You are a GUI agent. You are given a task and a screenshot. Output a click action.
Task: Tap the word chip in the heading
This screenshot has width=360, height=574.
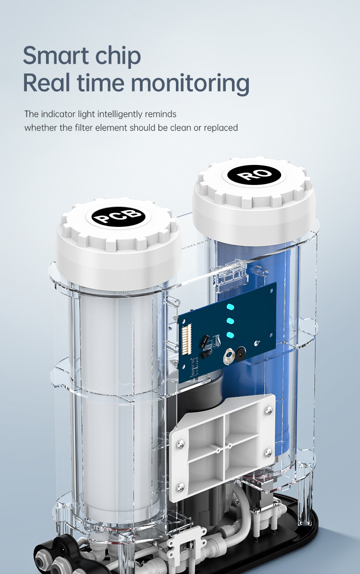119,56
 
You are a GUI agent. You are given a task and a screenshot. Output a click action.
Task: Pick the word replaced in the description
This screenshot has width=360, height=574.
221,128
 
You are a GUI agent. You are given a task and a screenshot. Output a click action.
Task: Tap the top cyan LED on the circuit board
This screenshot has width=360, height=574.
230,307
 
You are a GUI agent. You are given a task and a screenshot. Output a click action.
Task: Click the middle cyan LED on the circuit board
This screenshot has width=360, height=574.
230,321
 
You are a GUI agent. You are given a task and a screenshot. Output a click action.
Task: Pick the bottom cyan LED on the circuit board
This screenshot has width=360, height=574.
230,335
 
